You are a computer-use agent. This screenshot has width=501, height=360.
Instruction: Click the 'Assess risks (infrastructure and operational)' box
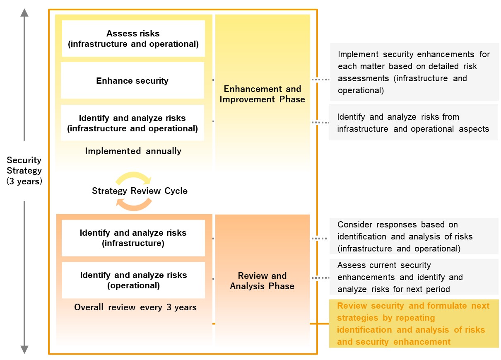click(133, 39)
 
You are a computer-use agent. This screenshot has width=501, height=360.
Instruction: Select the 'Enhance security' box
click(132, 80)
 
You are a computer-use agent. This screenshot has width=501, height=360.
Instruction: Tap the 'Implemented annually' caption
click(133, 151)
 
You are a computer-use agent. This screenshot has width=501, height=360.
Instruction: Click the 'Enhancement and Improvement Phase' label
click(263, 94)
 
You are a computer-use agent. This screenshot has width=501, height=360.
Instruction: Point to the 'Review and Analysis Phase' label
click(262, 281)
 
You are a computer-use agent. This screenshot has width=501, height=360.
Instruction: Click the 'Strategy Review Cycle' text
click(140, 191)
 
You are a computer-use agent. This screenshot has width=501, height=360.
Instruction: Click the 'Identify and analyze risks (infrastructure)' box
click(133, 238)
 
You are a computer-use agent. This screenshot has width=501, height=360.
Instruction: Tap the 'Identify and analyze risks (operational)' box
click(133, 280)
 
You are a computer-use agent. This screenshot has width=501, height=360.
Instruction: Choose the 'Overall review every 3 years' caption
click(135, 307)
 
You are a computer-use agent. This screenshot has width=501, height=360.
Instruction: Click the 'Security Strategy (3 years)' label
click(24, 171)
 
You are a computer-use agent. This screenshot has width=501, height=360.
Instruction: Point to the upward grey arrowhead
click(24, 12)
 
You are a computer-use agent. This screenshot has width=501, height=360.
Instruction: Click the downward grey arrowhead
click(24, 350)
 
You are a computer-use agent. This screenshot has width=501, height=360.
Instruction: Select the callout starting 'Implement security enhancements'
click(414, 72)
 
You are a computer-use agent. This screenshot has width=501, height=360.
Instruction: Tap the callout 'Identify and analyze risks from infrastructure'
click(414, 122)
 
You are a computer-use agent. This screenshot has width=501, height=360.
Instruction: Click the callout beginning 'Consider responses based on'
click(414, 236)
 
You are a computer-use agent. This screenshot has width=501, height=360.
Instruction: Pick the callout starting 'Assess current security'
click(414, 277)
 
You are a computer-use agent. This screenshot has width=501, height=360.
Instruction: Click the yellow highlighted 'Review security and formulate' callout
click(414, 324)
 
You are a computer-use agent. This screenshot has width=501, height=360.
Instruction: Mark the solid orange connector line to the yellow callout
click(319, 324)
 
